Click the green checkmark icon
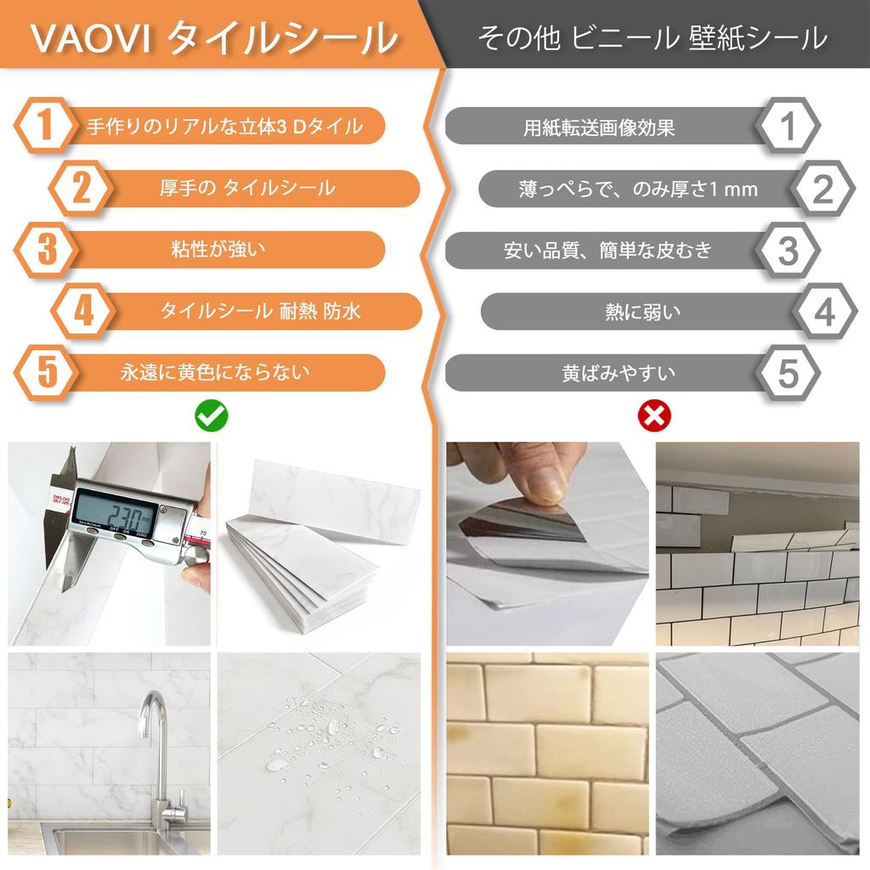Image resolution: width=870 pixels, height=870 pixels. point(212,415)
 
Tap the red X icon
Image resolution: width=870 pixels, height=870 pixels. point(655,416)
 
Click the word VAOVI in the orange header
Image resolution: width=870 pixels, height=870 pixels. point(91,38)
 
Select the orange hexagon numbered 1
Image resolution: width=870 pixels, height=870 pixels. point(44,126)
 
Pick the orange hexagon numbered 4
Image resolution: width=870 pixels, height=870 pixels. point(84,311)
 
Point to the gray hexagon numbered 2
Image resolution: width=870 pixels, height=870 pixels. point(823,189)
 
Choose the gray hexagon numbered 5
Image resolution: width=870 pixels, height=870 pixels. point(788,373)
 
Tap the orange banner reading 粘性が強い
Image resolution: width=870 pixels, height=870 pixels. point(217,250)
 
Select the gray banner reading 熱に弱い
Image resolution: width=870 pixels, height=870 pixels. point(644,312)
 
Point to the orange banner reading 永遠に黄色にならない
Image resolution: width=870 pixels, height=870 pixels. point(217,373)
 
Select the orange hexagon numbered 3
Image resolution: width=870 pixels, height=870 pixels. point(47,250)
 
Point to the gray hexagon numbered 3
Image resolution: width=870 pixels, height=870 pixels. point(788,250)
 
